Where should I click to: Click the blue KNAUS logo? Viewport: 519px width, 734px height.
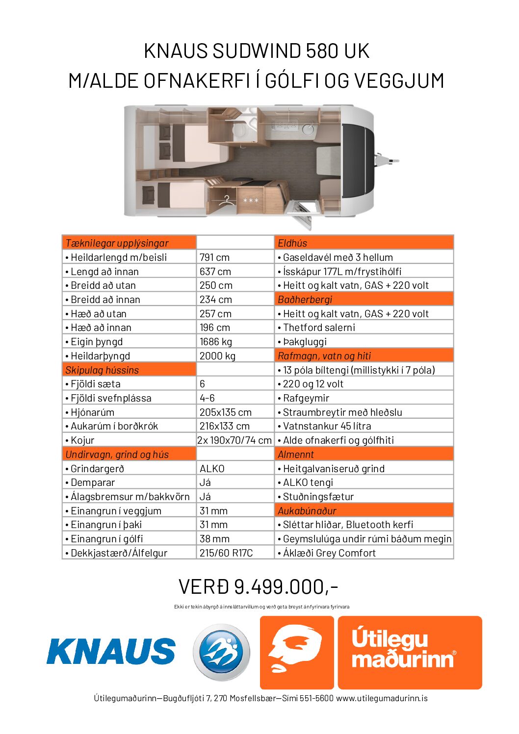click(x=111, y=651)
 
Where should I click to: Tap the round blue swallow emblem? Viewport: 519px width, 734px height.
click(x=221, y=652)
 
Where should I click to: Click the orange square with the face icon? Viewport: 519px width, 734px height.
click(x=296, y=652)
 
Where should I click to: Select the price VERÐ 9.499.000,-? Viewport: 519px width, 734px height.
click(x=259, y=586)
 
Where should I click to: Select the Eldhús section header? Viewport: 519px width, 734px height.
click(x=292, y=243)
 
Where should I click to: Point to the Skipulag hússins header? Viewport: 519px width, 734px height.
click(x=102, y=370)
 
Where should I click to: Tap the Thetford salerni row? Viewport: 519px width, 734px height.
click(x=319, y=328)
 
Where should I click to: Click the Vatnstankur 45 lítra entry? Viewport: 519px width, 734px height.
click(x=327, y=426)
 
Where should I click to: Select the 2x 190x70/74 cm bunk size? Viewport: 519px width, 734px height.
click(x=234, y=440)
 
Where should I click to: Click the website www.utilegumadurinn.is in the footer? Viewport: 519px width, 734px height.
click(x=382, y=698)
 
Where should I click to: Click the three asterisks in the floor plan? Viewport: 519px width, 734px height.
click(x=251, y=201)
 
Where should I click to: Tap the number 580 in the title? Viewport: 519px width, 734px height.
click(x=322, y=51)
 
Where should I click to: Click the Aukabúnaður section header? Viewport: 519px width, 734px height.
click(x=307, y=511)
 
